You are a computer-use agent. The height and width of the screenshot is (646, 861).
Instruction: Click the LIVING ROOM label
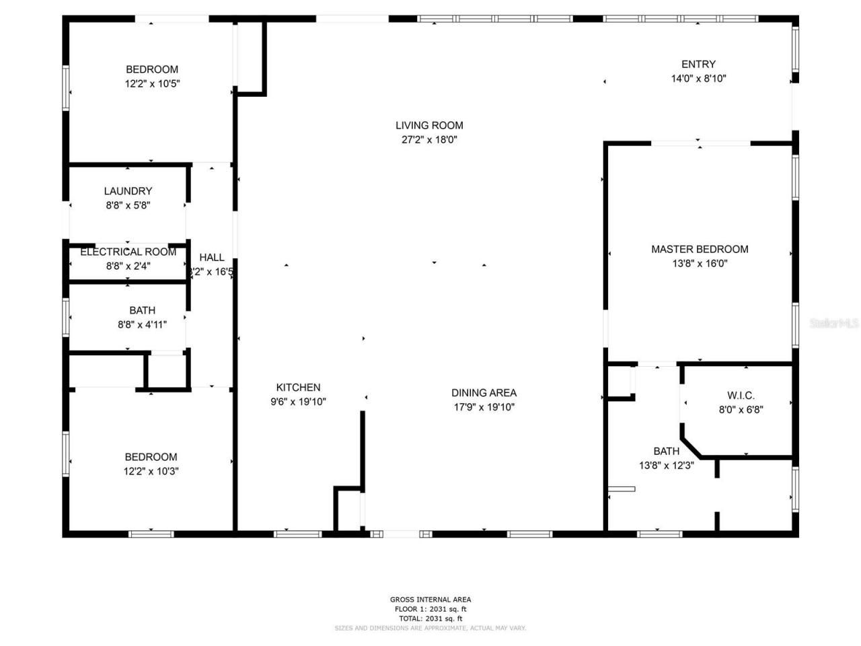click(x=429, y=125)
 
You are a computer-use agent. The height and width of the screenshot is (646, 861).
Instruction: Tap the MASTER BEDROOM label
click(x=700, y=249)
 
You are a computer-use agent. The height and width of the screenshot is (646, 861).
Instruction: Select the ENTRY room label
click(x=698, y=64)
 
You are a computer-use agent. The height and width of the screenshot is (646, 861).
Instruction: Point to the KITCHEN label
click(x=298, y=387)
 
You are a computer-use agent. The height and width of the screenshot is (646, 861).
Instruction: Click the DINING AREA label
click(x=484, y=392)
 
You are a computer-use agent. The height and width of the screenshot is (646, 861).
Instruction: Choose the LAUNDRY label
click(x=128, y=191)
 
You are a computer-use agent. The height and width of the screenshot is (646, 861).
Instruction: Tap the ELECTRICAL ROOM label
click(x=128, y=252)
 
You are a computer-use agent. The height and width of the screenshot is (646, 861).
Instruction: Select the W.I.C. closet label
click(x=741, y=395)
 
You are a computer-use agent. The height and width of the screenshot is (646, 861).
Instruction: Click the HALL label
click(x=212, y=257)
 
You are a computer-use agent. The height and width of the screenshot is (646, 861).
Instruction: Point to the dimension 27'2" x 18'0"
click(x=429, y=140)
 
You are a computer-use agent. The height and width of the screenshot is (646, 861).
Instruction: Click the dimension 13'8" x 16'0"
click(x=700, y=264)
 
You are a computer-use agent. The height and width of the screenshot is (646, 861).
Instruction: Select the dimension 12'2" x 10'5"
click(x=152, y=84)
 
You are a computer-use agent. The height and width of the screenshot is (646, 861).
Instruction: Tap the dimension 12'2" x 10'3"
click(x=151, y=472)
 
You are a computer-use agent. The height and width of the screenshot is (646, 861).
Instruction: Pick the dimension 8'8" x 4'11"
click(x=142, y=324)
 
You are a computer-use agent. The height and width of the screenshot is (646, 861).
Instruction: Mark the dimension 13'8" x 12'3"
click(x=666, y=465)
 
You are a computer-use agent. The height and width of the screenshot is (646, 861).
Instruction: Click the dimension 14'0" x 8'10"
click(x=698, y=79)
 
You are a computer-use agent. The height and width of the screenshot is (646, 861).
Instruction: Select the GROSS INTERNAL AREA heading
click(x=430, y=600)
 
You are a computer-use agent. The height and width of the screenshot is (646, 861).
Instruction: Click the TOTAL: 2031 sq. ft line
click(x=430, y=618)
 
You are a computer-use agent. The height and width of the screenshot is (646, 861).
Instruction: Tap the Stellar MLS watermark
click(x=834, y=324)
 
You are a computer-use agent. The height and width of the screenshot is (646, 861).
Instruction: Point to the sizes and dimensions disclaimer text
click(x=430, y=629)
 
